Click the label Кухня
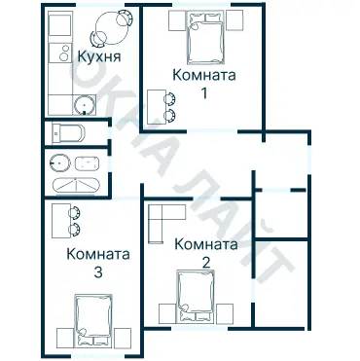pos(98,58)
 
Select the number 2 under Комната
pos(204,262)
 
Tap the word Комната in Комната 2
pos(204,245)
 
